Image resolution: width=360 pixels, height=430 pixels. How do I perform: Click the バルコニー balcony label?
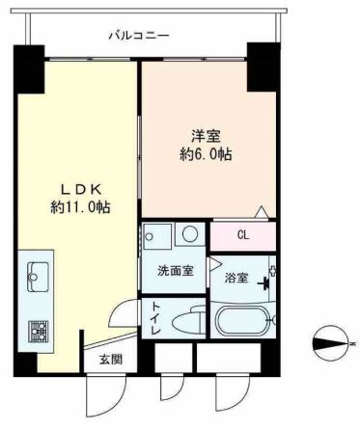138,35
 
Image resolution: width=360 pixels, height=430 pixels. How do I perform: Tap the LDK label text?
82,189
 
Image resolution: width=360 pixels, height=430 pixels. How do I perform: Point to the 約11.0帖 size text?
80,207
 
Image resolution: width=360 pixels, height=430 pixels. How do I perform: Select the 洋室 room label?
206,136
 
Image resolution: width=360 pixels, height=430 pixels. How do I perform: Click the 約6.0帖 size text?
206,154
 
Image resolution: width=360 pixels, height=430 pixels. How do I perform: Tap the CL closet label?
243,235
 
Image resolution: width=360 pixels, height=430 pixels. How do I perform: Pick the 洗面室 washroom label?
176,271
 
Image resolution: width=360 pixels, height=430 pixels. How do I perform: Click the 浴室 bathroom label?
236,278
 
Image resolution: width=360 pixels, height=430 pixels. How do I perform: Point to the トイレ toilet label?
155,318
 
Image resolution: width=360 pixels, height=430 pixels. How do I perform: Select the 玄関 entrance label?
111,360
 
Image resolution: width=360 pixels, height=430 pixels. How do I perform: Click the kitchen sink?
38,277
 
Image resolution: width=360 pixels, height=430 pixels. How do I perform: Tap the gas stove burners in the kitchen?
39,331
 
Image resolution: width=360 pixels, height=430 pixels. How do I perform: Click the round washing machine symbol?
190,233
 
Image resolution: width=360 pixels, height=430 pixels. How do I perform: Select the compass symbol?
331,343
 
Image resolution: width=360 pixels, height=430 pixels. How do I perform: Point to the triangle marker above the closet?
261,212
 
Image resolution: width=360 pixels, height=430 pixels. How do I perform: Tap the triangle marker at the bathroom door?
215,263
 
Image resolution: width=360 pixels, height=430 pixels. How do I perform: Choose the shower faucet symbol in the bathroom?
266,283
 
